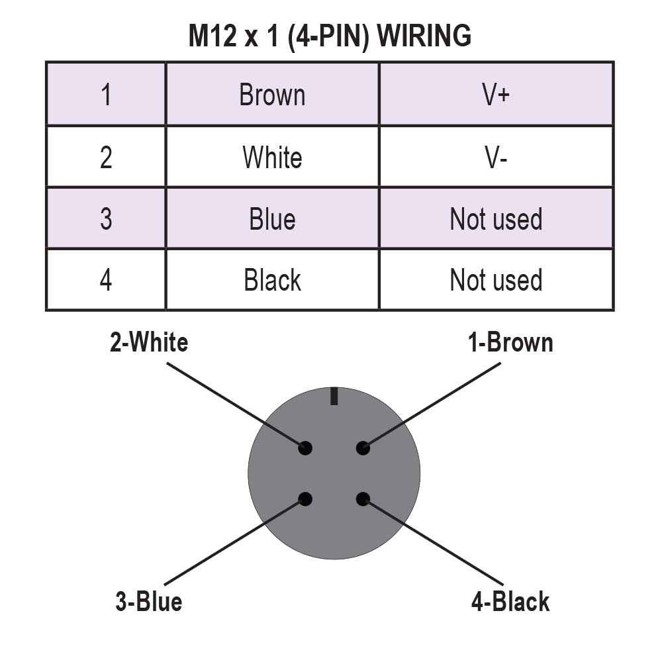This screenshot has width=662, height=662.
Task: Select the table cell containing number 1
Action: point(106,95)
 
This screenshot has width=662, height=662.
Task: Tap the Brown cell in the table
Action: point(272,95)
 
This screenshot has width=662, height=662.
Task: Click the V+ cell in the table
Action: point(496,95)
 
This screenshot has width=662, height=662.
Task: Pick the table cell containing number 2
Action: point(106,157)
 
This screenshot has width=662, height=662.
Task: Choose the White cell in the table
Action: point(272,157)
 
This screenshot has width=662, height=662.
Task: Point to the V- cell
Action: point(496,157)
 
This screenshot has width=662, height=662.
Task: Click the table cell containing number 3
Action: point(106,218)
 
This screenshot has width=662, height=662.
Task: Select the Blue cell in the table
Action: point(272,218)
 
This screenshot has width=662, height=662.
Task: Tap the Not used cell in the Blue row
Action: point(496,218)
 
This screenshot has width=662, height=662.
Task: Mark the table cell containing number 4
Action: point(106,280)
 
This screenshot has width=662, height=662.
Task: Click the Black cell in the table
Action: point(272,280)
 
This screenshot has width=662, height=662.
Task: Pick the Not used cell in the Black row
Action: point(496,280)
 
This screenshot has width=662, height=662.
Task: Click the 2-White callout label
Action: point(149,343)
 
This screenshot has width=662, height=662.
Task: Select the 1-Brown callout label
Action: point(510,343)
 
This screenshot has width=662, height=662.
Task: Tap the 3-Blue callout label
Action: point(149,602)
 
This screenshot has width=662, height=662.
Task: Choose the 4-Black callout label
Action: point(510,602)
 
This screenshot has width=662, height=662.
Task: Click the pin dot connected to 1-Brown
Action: point(363,448)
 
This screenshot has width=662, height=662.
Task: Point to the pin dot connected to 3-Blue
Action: point(305,499)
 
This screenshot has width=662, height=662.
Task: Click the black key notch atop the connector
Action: point(334,396)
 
